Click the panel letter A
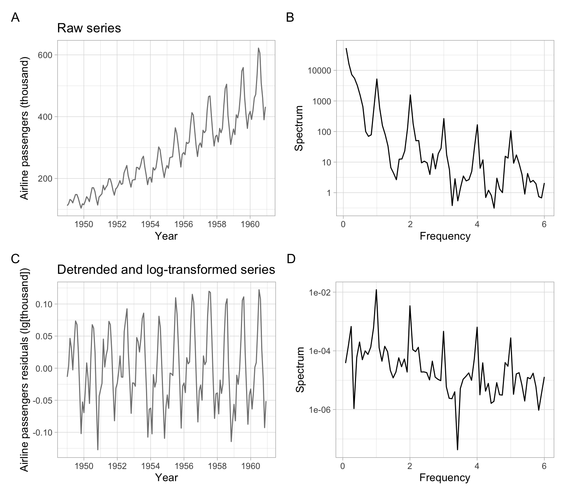(15, 17)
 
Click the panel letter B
(290, 17)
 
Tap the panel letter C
(15, 259)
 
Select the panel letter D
(291, 259)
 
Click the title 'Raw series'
(89, 28)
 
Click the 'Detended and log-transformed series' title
(166, 270)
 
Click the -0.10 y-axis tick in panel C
(43, 433)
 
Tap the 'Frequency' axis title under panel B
(445, 236)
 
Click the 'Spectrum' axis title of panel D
(301, 369)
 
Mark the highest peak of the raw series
(258, 48)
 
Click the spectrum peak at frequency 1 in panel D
(376, 290)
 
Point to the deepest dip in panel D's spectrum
(457, 450)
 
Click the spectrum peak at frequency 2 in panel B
(410, 95)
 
